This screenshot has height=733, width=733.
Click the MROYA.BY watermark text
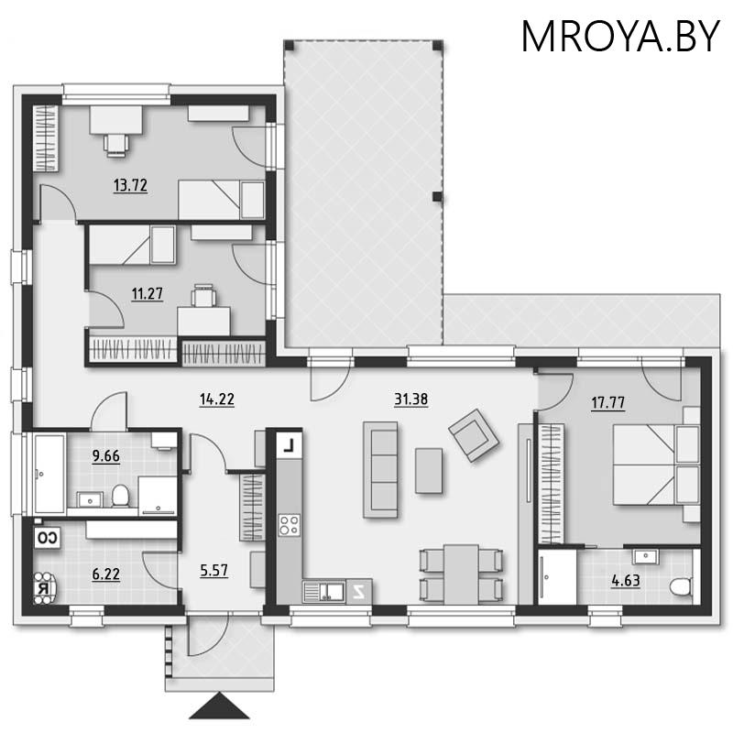620,36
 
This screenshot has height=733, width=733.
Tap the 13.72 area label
130,185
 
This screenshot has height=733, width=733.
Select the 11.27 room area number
148,293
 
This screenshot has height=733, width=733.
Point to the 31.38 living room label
410,399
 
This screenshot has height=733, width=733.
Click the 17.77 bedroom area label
607,402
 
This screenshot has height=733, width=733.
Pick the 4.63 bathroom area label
626,581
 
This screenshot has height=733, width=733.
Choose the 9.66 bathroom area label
105,455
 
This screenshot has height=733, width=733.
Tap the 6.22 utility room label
105,574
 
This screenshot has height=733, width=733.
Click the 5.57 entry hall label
213,570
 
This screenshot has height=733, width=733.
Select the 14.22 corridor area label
217,399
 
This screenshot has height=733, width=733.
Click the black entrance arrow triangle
219,706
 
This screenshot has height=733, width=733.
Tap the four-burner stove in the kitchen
290,524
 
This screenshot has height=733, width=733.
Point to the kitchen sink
324,591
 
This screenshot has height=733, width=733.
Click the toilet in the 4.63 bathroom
681,587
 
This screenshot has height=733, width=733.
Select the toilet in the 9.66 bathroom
120,496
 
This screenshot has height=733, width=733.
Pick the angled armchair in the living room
474,435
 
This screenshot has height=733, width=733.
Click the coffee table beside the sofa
429,470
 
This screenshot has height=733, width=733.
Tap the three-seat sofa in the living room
380,469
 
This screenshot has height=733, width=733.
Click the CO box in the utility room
48,538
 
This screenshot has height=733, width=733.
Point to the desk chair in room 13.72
115,145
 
